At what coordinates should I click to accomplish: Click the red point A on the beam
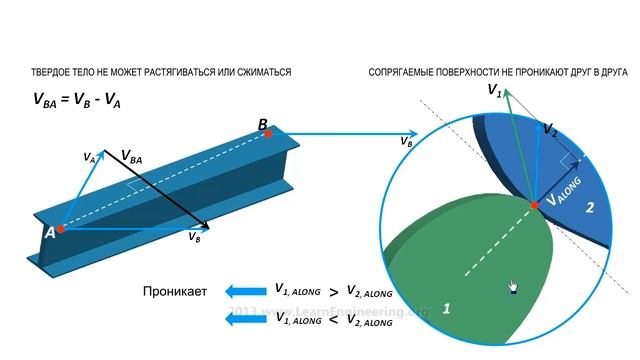pyautogui.click(x=60, y=229)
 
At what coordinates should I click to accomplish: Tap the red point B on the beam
pyautogui.click(x=268, y=133)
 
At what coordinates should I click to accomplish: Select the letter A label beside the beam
pyautogui.click(x=48, y=231)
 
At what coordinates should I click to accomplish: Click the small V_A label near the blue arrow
pyautogui.click(x=89, y=157)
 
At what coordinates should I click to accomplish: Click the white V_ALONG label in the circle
pyautogui.click(x=562, y=200)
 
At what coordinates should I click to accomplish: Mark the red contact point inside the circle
pyautogui.click(x=535, y=204)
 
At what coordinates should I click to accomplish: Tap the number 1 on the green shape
pyautogui.click(x=445, y=310)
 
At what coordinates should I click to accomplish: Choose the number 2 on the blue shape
pyautogui.click(x=590, y=207)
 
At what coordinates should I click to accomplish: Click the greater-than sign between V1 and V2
pyautogui.click(x=333, y=293)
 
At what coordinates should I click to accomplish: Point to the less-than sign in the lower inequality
pyautogui.click(x=333, y=320)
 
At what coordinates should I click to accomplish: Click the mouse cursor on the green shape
pyautogui.click(x=512, y=287)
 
